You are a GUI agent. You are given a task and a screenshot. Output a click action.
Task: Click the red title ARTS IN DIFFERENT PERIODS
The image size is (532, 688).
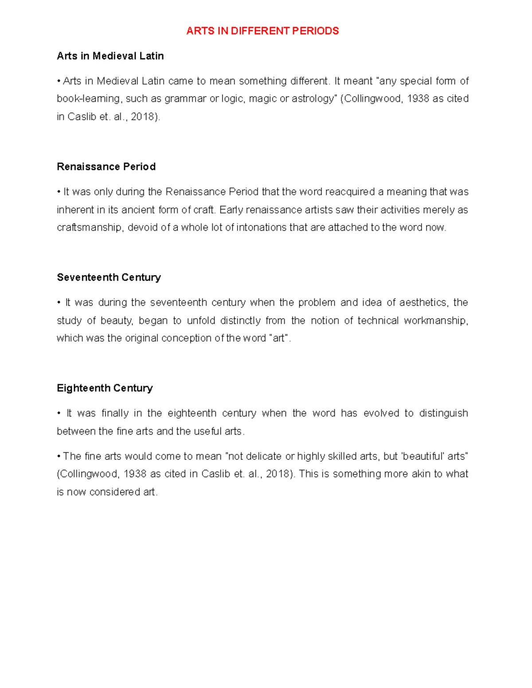pos(262,31)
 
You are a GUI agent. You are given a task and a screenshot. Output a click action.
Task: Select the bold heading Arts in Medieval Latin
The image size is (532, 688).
pos(110,56)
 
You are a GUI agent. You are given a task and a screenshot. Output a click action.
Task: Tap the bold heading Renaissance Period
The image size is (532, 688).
pos(106,167)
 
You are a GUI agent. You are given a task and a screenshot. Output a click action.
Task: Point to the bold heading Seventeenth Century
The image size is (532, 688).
pos(109,277)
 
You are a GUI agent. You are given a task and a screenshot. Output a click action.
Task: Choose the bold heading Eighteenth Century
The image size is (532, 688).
pos(105,388)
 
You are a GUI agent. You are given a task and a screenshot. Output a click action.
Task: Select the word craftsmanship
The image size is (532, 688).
pos(89,228)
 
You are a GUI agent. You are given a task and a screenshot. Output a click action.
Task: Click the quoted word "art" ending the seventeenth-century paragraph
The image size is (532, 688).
pos(279,338)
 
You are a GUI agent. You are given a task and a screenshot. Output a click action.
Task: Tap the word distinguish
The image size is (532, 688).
pos(443,413)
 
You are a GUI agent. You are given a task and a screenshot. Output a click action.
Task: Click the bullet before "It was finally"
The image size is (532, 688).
pos(59,413)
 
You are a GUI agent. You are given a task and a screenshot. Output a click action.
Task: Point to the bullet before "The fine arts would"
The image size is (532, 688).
pos(59,456)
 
